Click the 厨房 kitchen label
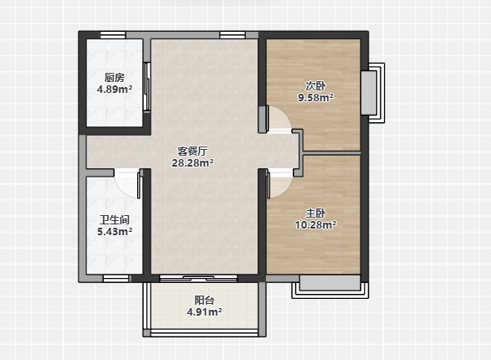[x=115, y=77]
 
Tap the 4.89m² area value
[x=115, y=90]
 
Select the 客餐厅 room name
[x=192, y=152]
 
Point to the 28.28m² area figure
[x=192, y=163]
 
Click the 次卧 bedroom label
[x=315, y=85]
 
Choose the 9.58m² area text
[x=315, y=98]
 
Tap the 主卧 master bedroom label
[x=315, y=213]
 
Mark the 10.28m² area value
[x=315, y=225]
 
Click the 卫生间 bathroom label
[x=115, y=220]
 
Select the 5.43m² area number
[x=115, y=232]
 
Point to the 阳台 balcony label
[x=204, y=301]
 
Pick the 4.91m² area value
[x=204, y=312]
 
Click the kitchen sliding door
[x=147, y=86]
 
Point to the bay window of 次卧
[x=372, y=93]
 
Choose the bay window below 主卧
[x=330, y=286]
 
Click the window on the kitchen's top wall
[x=113, y=35]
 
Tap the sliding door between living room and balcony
[x=198, y=278]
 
